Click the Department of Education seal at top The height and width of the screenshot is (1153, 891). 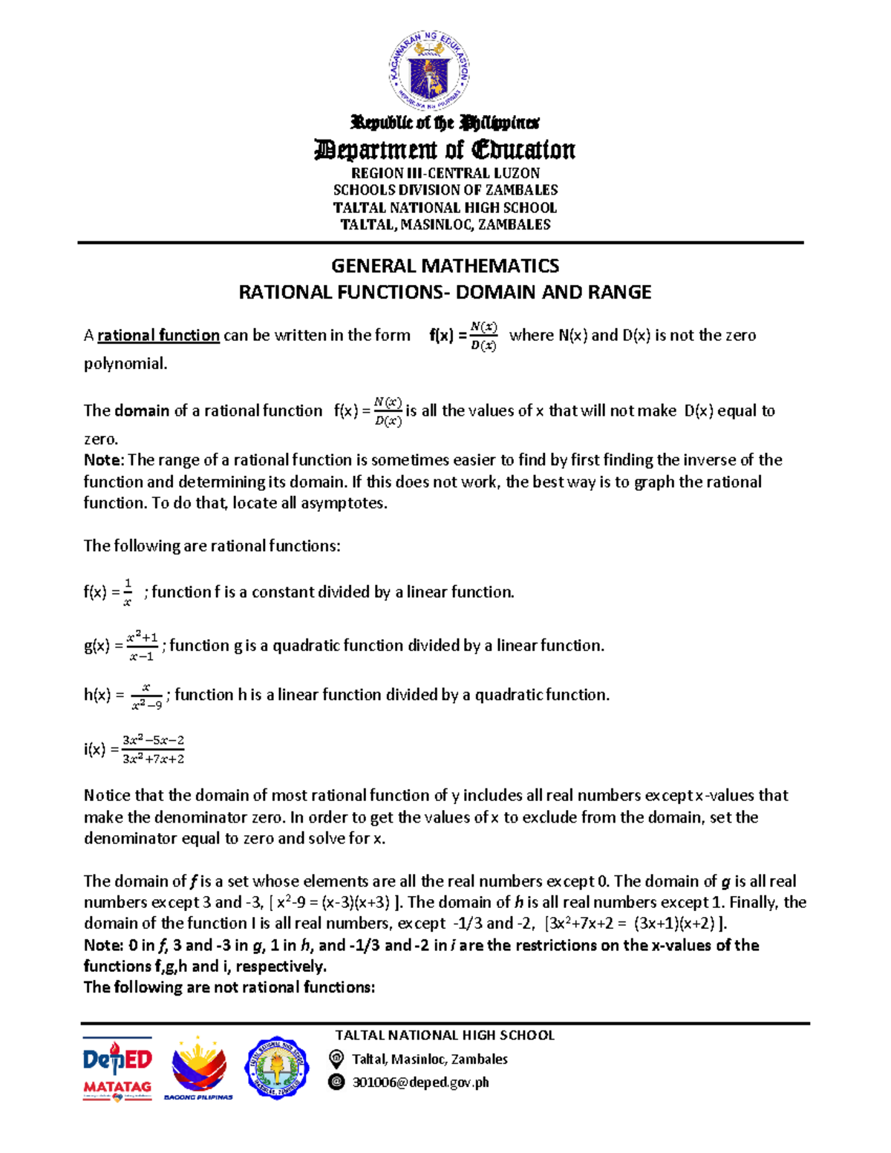click(x=429, y=71)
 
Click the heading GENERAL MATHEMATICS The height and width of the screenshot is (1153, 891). click(x=445, y=266)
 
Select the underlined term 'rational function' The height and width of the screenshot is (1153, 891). click(x=158, y=336)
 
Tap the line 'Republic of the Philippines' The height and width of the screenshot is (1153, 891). click(x=445, y=123)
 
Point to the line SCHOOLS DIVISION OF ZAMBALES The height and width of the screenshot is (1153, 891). click(x=445, y=190)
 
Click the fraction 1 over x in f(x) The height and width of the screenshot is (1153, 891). click(x=128, y=592)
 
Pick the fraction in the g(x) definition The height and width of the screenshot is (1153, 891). click(x=141, y=646)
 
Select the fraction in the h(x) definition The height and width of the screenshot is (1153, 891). click(x=146, y=696)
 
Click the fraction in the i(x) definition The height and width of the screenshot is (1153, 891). click(x=154, y=749)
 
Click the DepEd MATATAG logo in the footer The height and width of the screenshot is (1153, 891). click(x=117, y=1068)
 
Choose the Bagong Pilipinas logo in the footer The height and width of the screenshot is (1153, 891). click(x=198, y=1068)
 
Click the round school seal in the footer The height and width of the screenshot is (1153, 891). click(x=276, y=1068)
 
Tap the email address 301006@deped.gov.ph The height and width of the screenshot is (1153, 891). click(x=420, y=1082)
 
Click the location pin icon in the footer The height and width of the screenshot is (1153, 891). click(x=336, y=1059)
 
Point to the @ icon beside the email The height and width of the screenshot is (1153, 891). click(x=336, y=1082)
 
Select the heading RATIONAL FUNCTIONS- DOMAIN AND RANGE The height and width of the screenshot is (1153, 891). click(x=445, y=293)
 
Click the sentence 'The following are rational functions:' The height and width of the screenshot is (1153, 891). click(x=212, y=546)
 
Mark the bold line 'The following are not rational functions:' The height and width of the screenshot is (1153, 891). click(x=229, y=987)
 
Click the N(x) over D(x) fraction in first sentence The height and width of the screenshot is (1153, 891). click(x=484, y=336)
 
